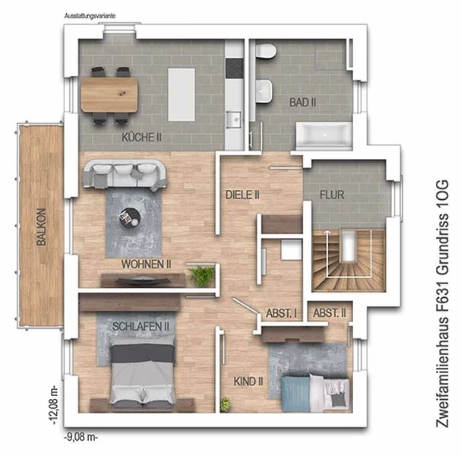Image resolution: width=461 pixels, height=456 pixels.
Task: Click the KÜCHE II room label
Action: click(x=141, y=138)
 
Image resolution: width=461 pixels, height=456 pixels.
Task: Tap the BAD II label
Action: click(x=302, y=103)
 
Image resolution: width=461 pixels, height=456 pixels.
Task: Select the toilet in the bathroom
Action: click(x=266, y=51)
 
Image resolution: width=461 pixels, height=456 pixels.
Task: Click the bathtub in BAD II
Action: click(x=324, y=135)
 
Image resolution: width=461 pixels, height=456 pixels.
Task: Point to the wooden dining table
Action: click(x=109, y=94)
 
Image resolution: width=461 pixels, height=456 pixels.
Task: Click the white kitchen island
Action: click(x=182, y=95)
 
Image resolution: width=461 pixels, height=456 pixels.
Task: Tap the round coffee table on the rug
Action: click(x=130, y=217)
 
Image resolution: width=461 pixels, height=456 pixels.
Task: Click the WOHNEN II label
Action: click(x=146, y=264)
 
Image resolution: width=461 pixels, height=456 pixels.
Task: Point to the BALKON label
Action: click(x=42, y=226)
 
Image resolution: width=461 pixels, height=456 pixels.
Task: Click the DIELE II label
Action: click(x=242, y=195)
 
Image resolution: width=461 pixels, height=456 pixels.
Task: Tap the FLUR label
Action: click(x=332, y=195)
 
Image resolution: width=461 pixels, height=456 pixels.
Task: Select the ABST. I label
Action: click(x=281, y=313)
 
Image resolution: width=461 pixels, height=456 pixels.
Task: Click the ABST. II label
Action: click(x=330, y=313)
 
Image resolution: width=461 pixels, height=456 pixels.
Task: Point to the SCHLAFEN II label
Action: click(x=141, y=326)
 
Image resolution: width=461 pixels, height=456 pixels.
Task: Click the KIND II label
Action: click(x=248, y=382)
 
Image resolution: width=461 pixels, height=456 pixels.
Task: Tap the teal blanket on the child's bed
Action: click(x=295, y=394)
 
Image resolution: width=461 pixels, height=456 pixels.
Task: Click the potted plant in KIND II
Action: click(x=226, y=404)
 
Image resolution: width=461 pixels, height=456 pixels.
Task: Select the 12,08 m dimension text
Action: click(x=55, y=405)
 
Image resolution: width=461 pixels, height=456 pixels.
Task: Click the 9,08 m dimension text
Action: click(x=81, y=437)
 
